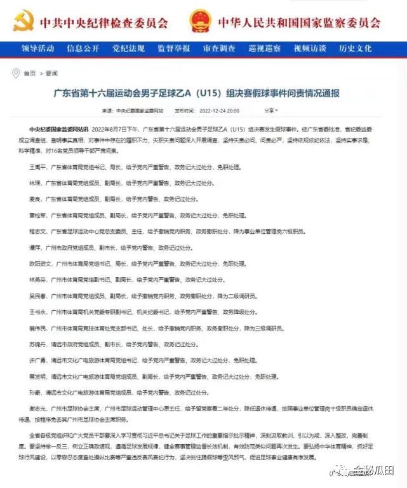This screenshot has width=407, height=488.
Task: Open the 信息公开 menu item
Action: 83,48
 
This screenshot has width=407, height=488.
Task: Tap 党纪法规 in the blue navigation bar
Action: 126,48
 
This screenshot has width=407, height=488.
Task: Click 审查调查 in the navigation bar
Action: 219,48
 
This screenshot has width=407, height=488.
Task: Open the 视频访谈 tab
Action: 310,48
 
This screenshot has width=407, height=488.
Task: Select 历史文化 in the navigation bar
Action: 356,48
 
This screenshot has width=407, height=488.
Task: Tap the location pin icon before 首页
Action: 17,73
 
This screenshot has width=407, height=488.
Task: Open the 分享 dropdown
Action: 271,111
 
